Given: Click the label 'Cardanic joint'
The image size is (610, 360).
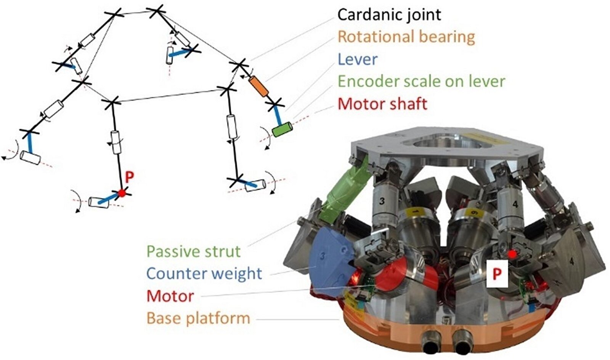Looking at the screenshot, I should [x=389, y=15].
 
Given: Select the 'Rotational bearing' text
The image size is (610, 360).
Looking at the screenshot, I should [x=406, y=37].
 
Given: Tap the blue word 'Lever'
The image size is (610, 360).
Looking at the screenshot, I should [x=358, y=59].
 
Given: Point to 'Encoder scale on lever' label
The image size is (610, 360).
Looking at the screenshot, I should [x=421, y=81].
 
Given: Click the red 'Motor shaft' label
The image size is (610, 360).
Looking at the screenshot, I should [x=382, y=104].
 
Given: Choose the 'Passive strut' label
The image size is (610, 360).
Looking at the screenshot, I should [x=194, y=251].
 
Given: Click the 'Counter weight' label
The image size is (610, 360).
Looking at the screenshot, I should [x=204, y=274].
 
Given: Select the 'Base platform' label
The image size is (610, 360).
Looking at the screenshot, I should [x=198, y=318].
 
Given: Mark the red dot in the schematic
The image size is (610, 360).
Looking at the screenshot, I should [x=122, y=193].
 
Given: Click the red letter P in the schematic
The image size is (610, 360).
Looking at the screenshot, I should [x=130, y=177].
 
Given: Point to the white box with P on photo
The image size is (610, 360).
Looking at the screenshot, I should [x=497, y=274].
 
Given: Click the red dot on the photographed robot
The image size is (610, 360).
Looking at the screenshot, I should [x=513, y=253].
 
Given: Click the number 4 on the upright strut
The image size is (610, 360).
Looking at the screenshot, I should [x=515, y=205].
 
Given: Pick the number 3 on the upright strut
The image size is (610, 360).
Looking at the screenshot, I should [x=382, y=201].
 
